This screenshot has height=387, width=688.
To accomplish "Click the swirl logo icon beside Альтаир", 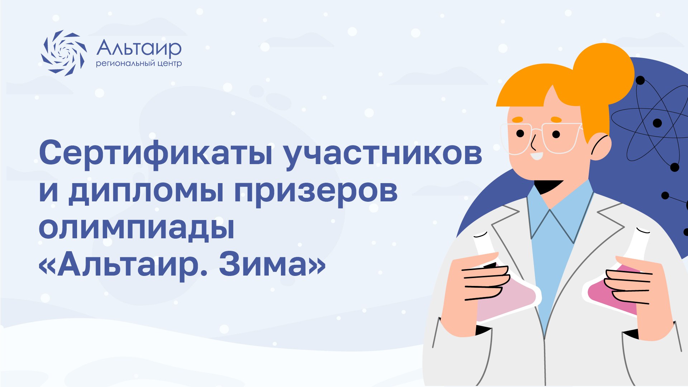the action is point(64,53).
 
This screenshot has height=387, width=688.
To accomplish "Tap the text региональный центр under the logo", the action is point(139,64).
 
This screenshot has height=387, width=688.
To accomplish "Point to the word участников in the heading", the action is point(382,154).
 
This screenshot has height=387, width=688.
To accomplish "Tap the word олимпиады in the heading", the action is point(137,228).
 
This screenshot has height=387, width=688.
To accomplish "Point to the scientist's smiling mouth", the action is point(536,156).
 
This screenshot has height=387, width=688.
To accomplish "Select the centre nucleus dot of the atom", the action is point(657,123).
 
